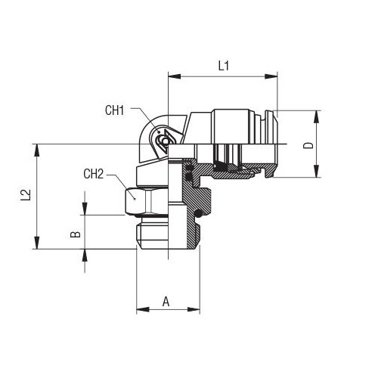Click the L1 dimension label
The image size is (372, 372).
click(223, 66)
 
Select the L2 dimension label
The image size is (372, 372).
click(26, 195)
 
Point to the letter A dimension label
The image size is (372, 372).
click(166, 302)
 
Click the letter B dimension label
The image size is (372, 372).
click(76, 234)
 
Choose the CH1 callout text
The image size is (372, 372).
click(115, 110)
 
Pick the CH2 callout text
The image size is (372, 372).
click(94, 174)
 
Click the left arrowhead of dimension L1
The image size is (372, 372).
click(175, 76)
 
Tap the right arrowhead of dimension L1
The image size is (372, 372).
click(271, 76)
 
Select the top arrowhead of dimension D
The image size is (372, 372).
click(317, 116)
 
